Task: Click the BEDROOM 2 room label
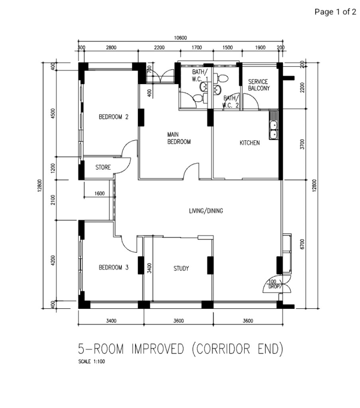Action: point(114,117)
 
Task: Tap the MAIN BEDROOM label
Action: point(179,138)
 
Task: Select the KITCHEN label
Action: point(250,143)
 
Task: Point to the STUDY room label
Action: point(181,269)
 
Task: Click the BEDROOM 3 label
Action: point(114,268)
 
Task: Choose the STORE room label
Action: point(103,168)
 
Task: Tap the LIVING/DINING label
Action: point(206,211)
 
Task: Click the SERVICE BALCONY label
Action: point(259,85)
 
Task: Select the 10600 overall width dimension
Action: point(180,38)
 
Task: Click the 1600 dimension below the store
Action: point(100,194)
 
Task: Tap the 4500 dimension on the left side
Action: point(53,114)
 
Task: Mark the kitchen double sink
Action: point(273,130)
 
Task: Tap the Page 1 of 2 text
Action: point(335,12)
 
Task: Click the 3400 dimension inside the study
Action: point(149,268)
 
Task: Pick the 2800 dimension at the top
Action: point(111,48)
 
